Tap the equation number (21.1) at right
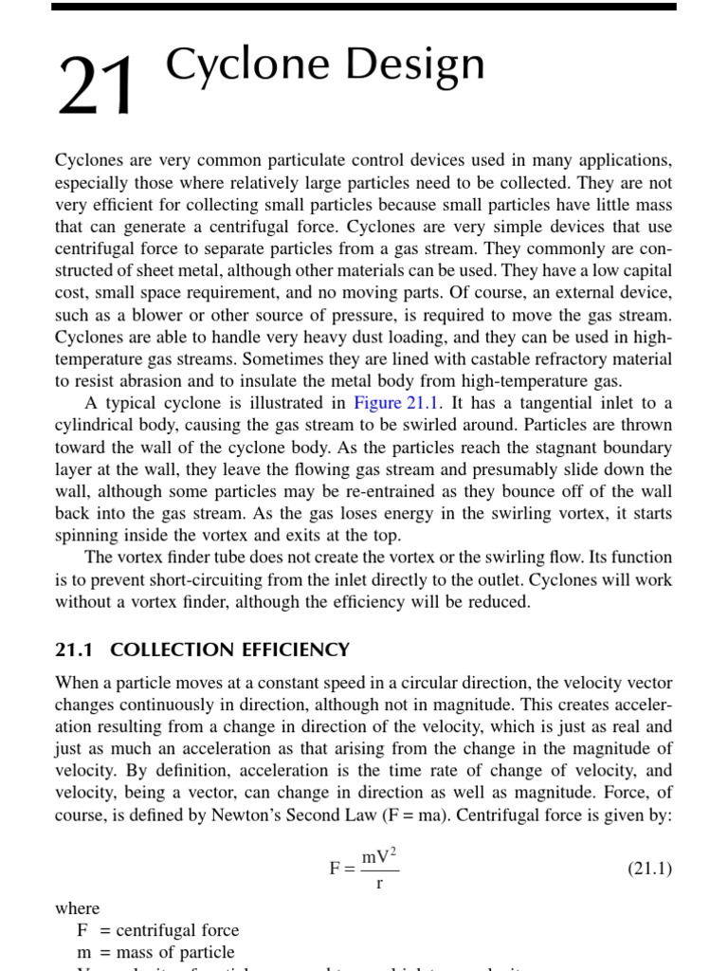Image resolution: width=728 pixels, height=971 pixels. tap(649, 868)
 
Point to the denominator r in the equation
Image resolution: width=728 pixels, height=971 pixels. tap(380, 884)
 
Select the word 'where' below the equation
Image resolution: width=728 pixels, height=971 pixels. tap(77, 907)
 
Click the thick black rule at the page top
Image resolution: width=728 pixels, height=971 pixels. tap(363, 7)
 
